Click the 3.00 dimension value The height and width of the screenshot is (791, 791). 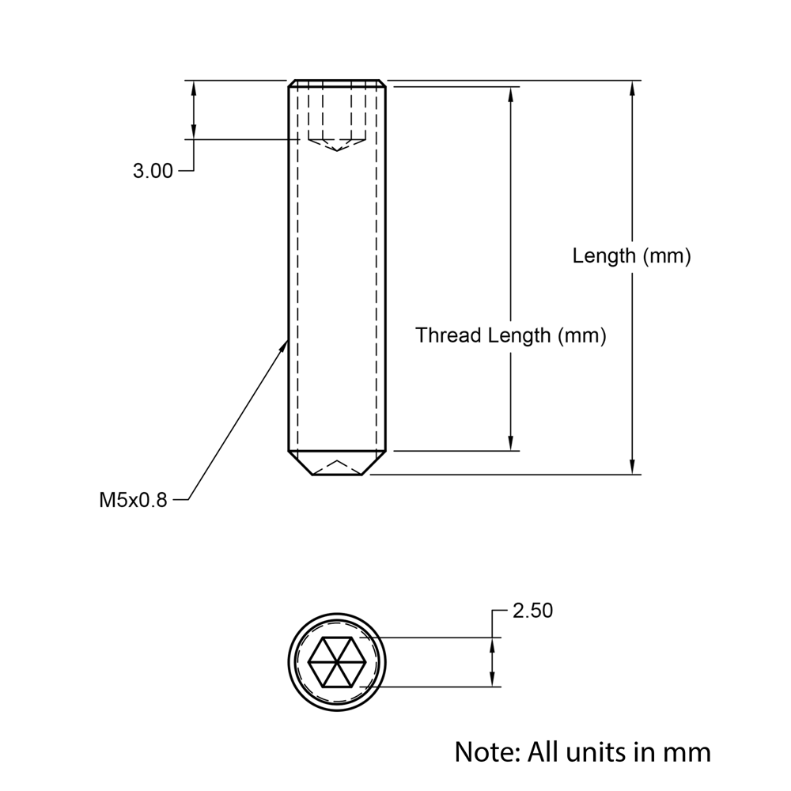(x=153, y=171)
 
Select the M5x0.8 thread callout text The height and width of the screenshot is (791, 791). (x=133, y=500)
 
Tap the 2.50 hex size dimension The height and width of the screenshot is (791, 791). (x=532, y=611)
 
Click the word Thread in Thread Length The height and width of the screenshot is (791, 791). (x=448, y=335)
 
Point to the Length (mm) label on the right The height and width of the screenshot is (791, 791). (x=632, y=256)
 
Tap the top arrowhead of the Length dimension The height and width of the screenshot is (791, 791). (x=632, y=88)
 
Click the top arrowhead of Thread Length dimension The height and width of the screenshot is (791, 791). (x=511, y=94)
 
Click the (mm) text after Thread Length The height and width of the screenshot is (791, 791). (x=582, y=335)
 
